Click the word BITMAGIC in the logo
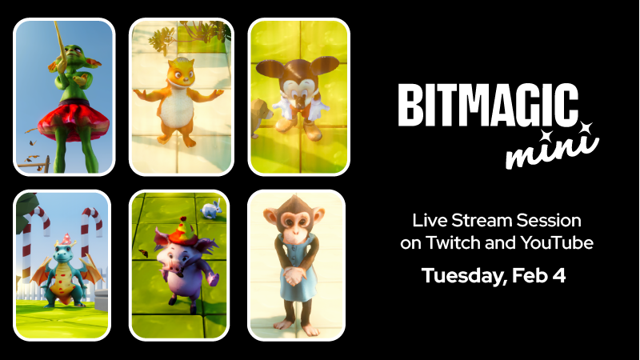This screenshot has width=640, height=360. [x=487, y=106]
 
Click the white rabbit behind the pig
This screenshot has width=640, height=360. [x=210, y=210]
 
